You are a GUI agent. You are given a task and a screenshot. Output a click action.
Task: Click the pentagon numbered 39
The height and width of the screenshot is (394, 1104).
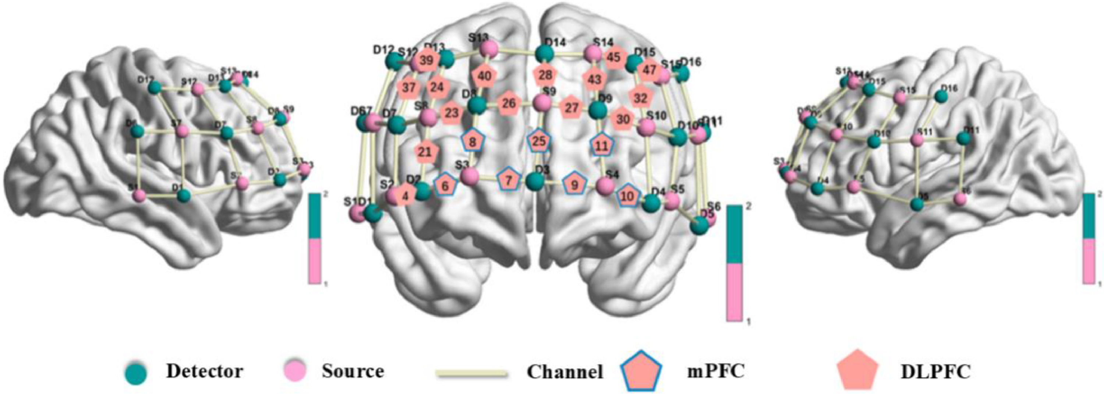pyautogui.click(x=426, y=61)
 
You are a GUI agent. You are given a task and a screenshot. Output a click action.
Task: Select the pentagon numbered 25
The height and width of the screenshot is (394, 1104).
pyautogui.click(x=539, y=141)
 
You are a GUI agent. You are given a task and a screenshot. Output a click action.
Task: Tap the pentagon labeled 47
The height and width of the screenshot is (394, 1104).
pyautogui.click(x=650, y=70)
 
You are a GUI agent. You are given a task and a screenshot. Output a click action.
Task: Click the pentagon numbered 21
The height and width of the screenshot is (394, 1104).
pyautogui.click(x=424, y=152)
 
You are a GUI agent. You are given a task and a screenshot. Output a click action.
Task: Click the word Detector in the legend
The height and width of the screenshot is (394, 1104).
pyautogui.click(x=205, y=371)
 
